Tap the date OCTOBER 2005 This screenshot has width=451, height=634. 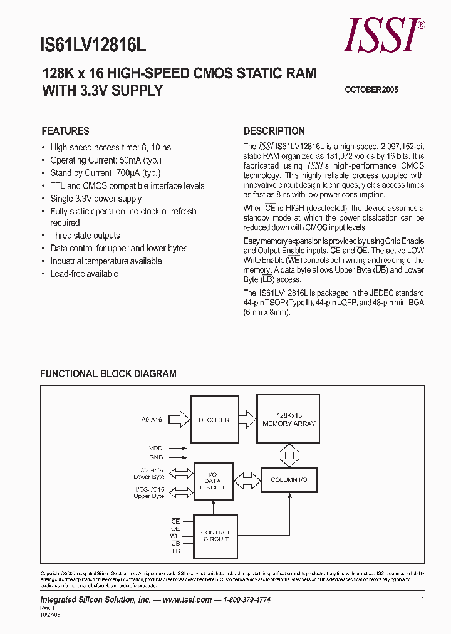coord(371,90)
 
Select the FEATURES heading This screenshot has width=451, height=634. coord(65,132)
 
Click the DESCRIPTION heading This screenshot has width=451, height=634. coord(274,132)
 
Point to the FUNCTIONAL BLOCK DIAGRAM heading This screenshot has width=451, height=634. coord(108,373)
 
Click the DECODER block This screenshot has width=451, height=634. coord(214,420)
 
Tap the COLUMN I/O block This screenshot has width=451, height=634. coord(289,480)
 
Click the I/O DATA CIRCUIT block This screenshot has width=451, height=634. coord(213,481)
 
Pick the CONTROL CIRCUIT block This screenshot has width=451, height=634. coord(215,536)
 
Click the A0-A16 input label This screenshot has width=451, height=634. coord(152,420)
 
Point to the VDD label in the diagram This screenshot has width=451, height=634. coord(156,449)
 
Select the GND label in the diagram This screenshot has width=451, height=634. coord(156,457)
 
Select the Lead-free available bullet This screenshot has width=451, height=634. coord(84,274)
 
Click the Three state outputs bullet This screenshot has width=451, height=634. coord(85,236)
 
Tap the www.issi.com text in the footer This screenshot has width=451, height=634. coord(187,600)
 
